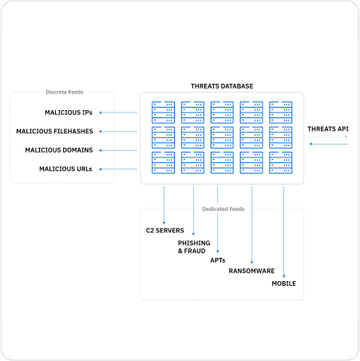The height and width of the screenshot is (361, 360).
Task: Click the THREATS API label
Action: tap(328, 129)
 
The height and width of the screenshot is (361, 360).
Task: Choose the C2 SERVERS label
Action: tap(163, 231)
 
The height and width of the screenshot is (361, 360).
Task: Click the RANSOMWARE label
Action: tap(252, 271)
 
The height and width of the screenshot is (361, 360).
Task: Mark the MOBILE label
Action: tap(284, 284)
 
